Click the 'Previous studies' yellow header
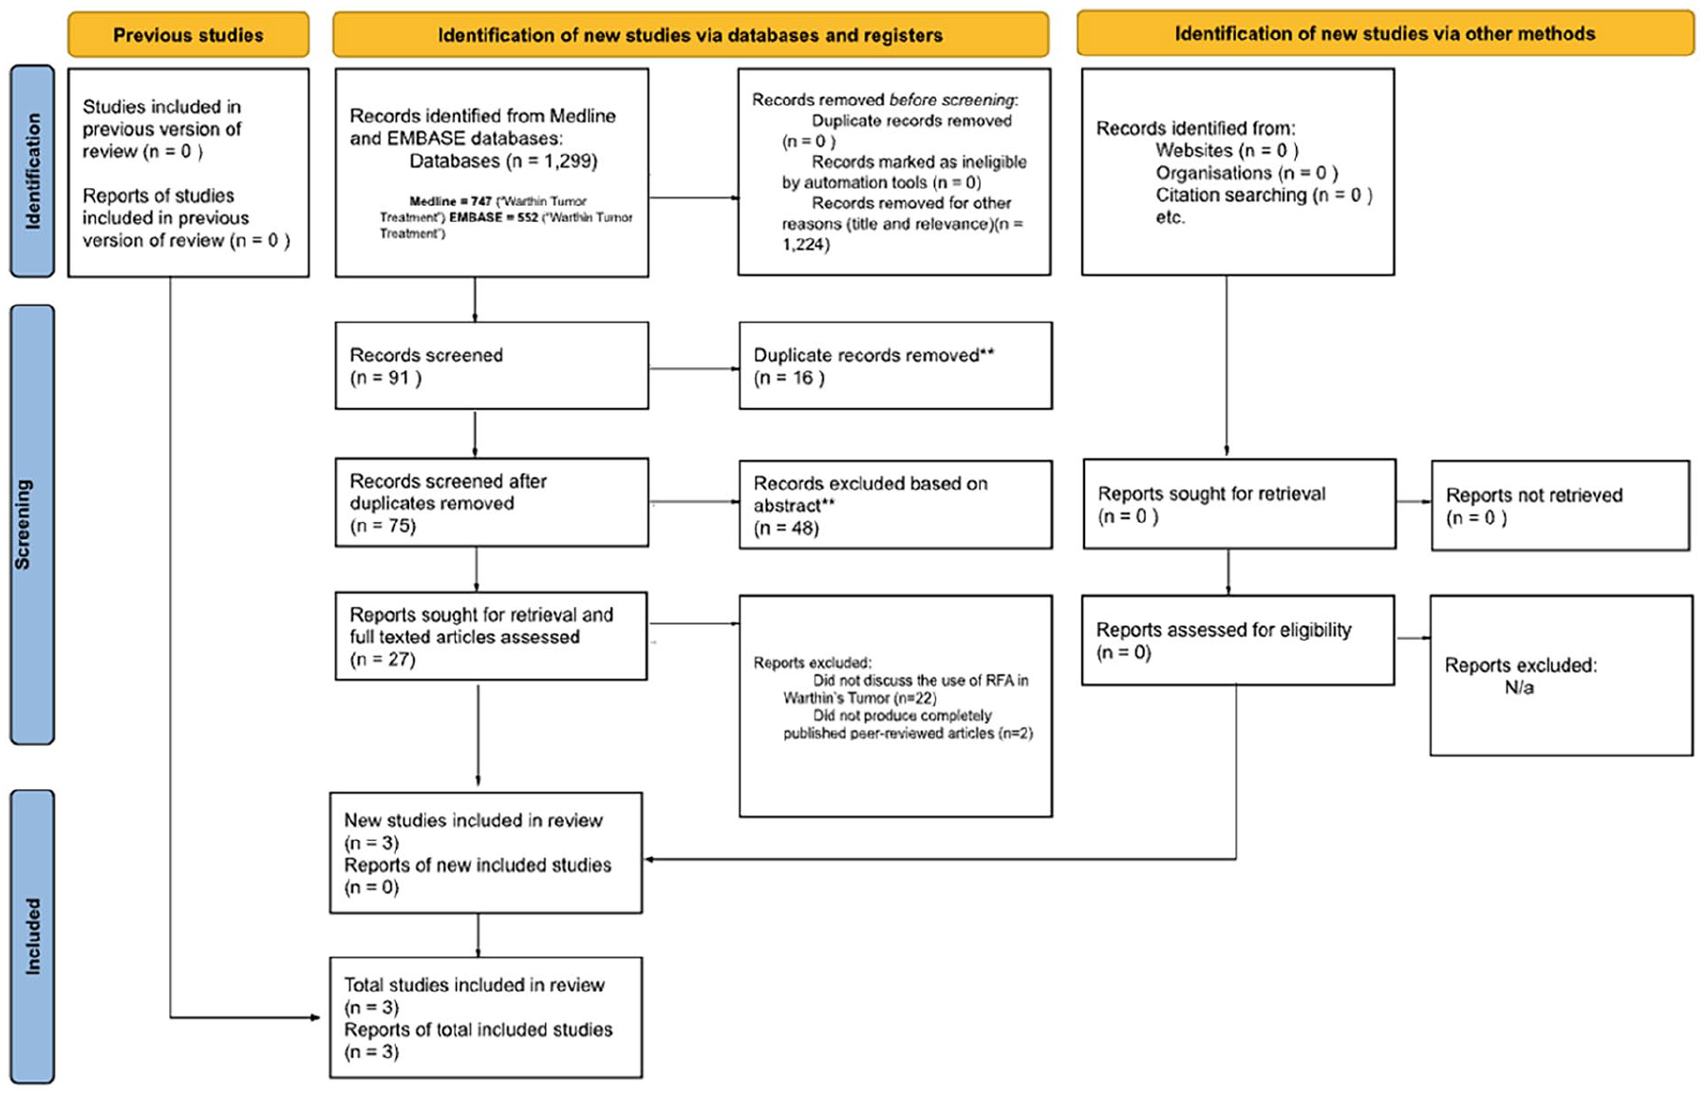(188, 35)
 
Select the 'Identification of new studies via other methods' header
(1385, 33)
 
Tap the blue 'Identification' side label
(32, 171)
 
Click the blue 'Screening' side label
(32, 524)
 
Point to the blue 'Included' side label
(32, 937)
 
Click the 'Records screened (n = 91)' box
(492, 365)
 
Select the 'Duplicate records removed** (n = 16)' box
(895, 365)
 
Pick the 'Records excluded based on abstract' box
(895, 505)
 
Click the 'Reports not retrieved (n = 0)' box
(1560, 506)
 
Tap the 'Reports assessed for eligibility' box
(1238, 640)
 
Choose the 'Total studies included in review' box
(486, 1017)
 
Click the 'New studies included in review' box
(486, 853)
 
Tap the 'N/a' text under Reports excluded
(1519, 687)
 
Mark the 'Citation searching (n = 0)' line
(1264, 195)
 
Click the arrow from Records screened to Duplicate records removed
(694, 368)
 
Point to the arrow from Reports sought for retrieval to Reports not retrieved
(1414, 501)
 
